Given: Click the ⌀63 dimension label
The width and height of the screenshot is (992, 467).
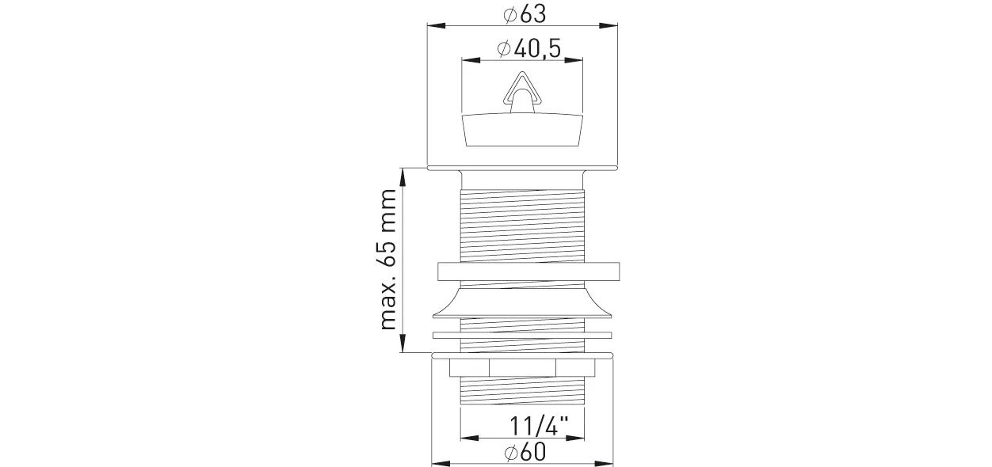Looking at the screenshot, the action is coord(525,14).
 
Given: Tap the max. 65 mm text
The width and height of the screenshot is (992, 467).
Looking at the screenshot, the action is coord(388,260).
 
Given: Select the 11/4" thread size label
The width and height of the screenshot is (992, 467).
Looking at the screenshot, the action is coord(539,427).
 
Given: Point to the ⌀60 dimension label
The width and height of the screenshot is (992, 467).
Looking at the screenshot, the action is coord(525,452).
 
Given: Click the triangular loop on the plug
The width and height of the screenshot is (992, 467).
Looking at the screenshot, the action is coord(522,88).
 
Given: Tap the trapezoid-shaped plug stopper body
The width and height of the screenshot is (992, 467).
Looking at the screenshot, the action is coord(522,130).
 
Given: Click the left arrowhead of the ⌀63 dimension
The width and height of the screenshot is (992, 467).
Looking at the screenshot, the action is coord(437,25).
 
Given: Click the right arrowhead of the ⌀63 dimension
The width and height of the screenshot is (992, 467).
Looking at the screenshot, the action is coord(609,25).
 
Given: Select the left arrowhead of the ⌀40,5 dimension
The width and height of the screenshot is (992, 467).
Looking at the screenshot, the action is coord(471,60).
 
